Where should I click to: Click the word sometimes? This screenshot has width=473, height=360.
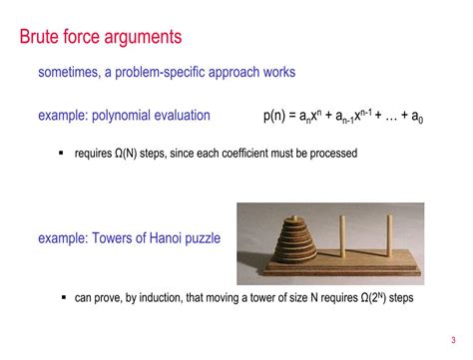pyautogui.click(x=71, y=73)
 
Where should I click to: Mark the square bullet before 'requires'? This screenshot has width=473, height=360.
pyautogui.click(x=62, y=154)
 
